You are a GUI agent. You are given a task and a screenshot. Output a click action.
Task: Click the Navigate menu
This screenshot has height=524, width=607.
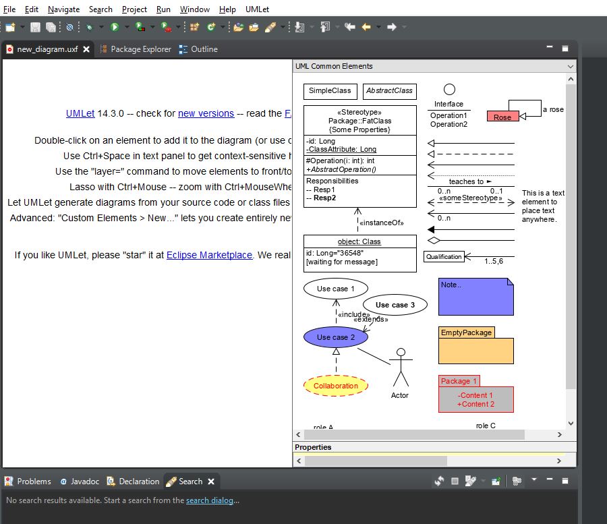[63, 9]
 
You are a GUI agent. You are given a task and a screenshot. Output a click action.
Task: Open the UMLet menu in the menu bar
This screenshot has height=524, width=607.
[257, 9]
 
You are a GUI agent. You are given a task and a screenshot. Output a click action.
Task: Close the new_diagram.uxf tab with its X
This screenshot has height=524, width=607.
[86, 49]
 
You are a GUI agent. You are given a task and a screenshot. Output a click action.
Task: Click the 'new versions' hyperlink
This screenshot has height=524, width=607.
[206, 113]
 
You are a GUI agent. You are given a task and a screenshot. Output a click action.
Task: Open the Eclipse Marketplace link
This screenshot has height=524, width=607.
[209, 255]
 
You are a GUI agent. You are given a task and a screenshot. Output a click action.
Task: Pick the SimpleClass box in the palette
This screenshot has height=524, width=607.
[330, 91]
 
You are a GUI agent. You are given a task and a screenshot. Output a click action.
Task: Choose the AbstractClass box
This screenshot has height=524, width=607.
[389, 91]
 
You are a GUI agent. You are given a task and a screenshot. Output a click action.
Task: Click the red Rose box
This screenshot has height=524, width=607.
[502, 117]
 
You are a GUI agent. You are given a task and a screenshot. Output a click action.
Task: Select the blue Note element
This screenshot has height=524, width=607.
[475, 297]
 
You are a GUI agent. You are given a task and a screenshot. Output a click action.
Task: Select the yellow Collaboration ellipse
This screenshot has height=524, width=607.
[336, 386]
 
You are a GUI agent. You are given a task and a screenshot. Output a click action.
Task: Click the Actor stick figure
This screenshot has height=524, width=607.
[401, 368]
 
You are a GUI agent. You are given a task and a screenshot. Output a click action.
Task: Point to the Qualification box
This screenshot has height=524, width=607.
[444, 256]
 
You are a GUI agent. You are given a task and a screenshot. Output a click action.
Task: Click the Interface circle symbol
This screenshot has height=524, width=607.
[449, 90]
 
